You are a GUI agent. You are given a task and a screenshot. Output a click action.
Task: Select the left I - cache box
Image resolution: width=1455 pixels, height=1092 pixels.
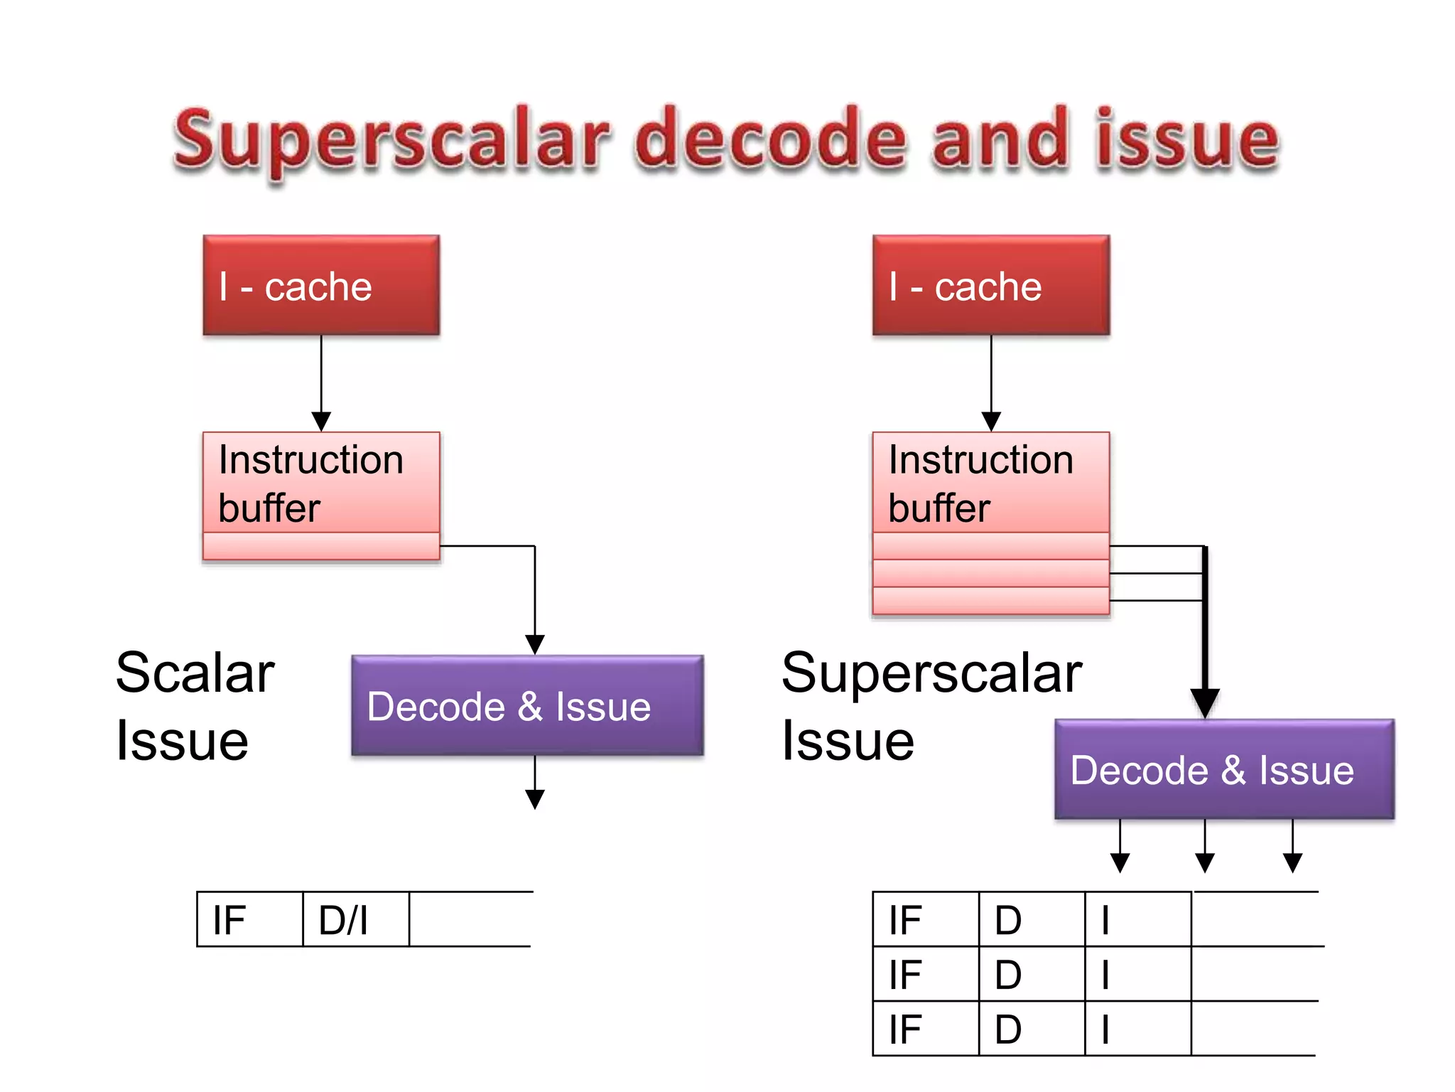click(x=321, y=285)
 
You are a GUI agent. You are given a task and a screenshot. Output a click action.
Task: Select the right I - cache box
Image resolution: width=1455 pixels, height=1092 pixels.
click(x=991, y=285)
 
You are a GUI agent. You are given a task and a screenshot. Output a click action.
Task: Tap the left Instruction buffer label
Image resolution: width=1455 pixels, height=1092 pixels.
click(x=310, y=483)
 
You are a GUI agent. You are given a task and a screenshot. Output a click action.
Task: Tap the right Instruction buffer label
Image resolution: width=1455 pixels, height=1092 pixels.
click(x=980, y=483)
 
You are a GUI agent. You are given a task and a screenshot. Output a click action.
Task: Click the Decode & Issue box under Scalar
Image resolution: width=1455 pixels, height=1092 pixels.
click(x=527, y=705)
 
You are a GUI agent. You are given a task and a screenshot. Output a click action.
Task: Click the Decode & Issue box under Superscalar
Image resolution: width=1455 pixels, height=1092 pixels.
click(x=1224, y=769)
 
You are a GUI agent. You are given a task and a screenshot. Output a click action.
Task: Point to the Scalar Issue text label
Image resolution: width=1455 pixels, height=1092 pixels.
click(x=195, y=706)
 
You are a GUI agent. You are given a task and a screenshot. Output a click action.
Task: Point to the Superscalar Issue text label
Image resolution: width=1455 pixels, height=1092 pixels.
click(x=931, y=706)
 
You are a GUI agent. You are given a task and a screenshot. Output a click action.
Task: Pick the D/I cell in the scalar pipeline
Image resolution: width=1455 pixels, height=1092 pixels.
click(x=355, y=919)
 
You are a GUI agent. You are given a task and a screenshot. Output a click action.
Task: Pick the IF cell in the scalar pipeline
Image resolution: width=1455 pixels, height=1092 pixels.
click(x=249, y=919)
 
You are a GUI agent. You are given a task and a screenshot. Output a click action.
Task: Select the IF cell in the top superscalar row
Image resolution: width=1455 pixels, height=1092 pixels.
click(x=925, y=919)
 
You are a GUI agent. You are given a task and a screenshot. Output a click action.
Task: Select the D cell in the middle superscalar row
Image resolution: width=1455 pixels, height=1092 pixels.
click(x=1031, y=974)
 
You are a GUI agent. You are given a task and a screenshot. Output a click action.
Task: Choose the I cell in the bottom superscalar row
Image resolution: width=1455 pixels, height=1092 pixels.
click(x=1137, y=1029)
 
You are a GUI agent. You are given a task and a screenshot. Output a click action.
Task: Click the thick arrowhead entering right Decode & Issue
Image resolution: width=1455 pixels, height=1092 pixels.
click(x=1205, y=702)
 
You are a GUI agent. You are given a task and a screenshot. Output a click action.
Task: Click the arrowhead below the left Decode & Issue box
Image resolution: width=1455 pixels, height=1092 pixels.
click(x=535, y=799)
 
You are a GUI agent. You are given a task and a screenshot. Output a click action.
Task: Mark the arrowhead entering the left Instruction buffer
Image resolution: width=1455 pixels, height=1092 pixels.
click(x=321, y=421)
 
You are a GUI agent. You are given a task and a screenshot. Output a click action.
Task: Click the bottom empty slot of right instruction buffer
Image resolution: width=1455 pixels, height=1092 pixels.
click(x=991, y=601)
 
